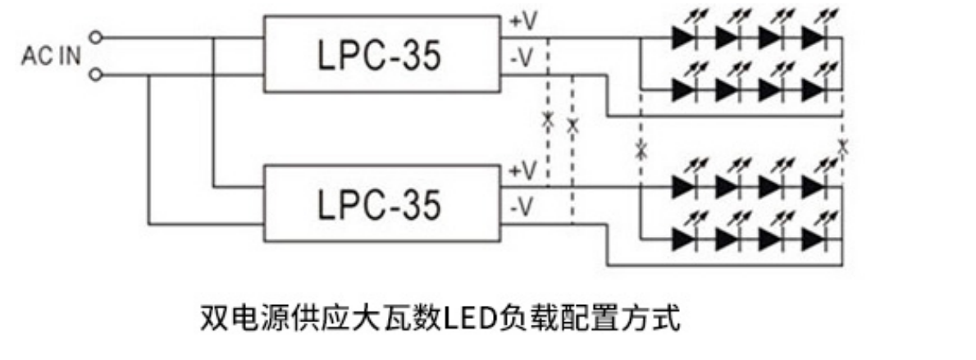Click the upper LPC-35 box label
[x=378, y=56]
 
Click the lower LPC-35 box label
[x=378, y=205]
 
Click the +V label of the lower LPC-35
[x=523, y=171]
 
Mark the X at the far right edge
[x=842, y=147]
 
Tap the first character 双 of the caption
[x=212, y=317]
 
